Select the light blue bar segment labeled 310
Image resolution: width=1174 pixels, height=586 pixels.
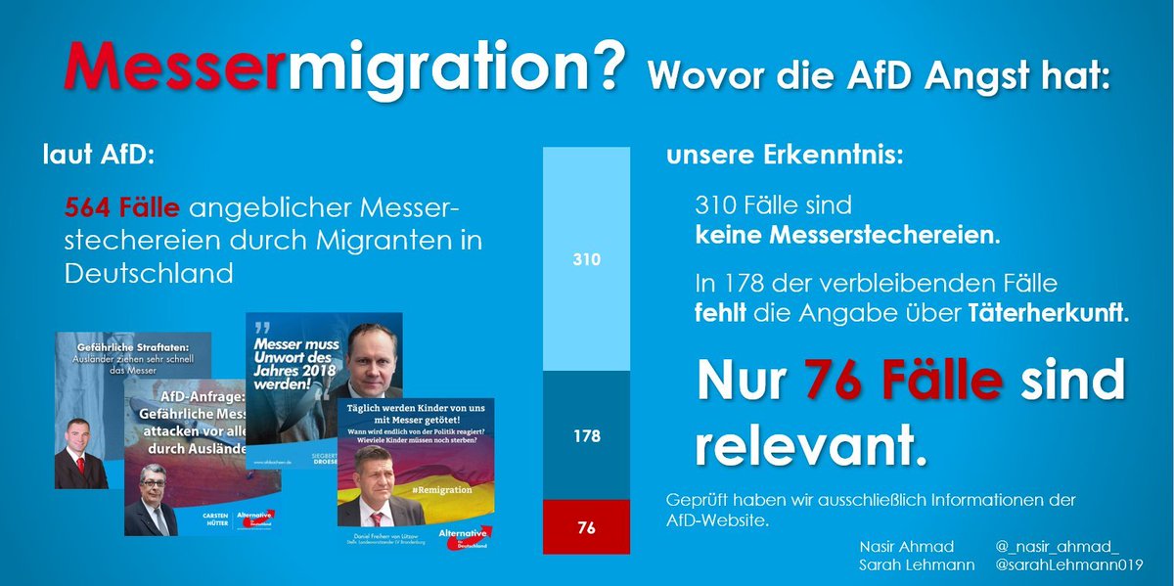tap(587, 259)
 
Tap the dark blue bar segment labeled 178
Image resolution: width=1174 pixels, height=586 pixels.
tap(587, 435)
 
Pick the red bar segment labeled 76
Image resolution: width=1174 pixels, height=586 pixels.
tap(587, 528)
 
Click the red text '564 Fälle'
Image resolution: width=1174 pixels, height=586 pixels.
tap(122, 208)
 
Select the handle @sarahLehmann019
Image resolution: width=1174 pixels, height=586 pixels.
tap(1069, 566)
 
